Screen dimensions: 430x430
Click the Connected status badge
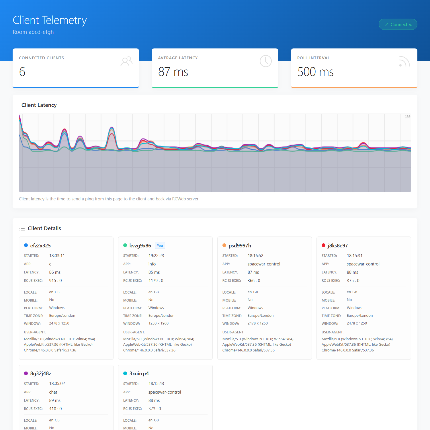(x=398, y=24)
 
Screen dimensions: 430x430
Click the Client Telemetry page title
(x=50, y=20)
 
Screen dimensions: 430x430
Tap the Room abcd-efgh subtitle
(x=33, y=32)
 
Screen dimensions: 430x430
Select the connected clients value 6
(x=22, y=72)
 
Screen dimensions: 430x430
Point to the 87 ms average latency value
(x=173, y=72)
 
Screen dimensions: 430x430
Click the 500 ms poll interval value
(x=315, y=72)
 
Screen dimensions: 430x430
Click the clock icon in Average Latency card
(x=265, y=61)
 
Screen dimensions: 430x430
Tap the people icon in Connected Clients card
(x=126, y=61)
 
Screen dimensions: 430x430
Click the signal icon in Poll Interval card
(x=404, y=61)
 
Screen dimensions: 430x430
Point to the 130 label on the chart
(x=407, y=117)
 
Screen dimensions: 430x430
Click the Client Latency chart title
(x=39, y=105)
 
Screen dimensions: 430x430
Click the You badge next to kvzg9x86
(x=160, y=245)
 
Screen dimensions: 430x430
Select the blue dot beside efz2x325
(x=26, y=245)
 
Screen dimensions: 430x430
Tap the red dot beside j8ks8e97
(x=323, y=245)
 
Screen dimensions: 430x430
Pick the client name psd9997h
(x=240, y=246)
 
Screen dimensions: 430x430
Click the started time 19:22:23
(x=156, y=256)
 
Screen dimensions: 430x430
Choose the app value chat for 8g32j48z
(x=53, y=392)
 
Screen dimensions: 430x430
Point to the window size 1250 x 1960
(x=158, y=323)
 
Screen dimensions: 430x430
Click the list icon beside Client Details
(x=22, y=228)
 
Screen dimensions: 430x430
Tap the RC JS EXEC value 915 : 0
(x=55, y=281)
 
